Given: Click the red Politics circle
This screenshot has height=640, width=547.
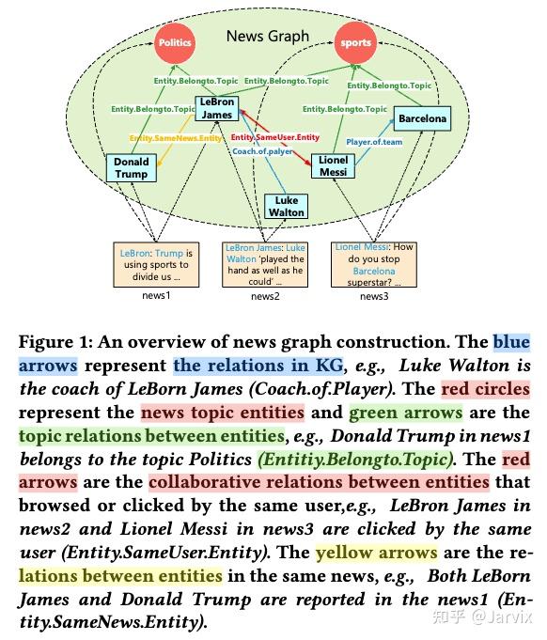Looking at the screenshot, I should tap(175, 43).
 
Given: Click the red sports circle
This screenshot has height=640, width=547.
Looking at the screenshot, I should tap(354, 43).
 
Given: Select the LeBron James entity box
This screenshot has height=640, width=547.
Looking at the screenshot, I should tap(218, 109).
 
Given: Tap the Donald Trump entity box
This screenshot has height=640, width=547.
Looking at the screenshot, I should tap(132, 168).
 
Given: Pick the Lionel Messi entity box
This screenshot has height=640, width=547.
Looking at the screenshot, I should tap(333, 165).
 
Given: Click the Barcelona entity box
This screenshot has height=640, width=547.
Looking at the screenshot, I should tap(422, 119).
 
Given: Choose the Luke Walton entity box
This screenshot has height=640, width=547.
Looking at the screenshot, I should tap(287, 206).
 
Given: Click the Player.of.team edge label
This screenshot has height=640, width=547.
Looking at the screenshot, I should tap(373, 142).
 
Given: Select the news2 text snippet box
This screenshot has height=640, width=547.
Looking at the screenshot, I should tap(265, 265).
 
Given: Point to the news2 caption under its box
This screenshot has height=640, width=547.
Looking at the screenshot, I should tap(265, 296).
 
